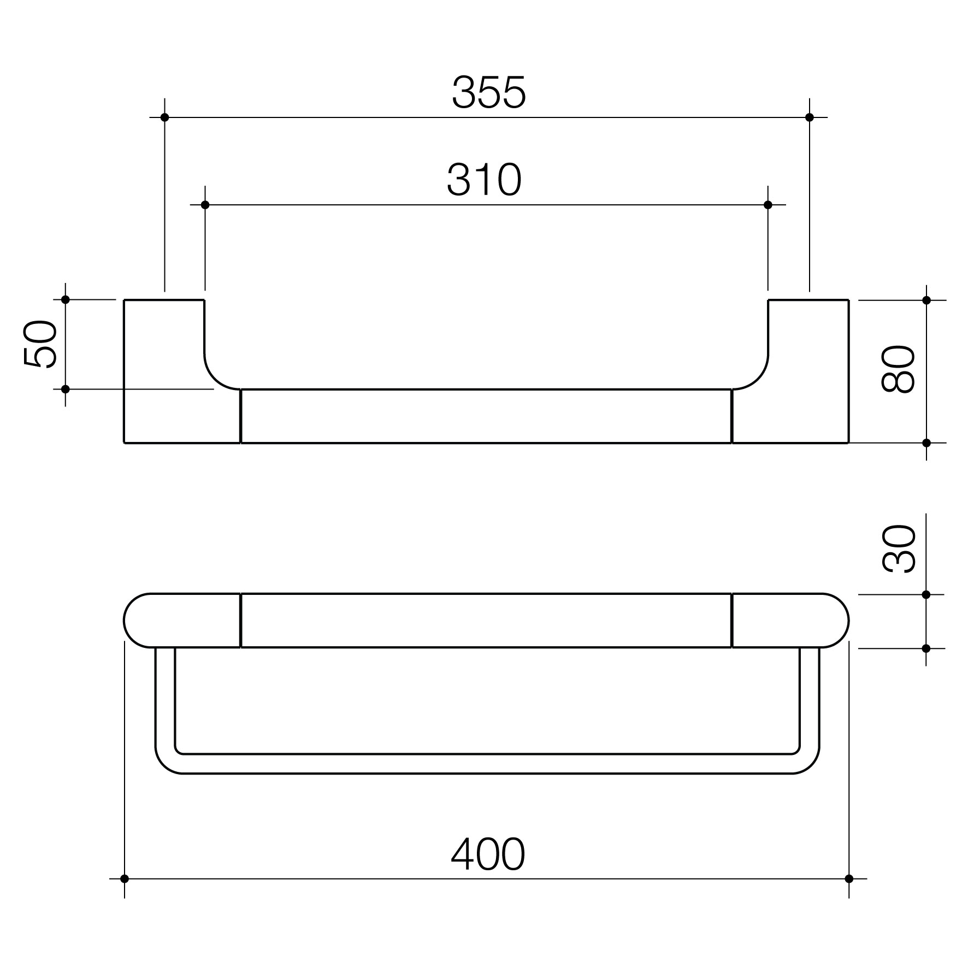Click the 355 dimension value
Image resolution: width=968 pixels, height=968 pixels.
coord(489,92)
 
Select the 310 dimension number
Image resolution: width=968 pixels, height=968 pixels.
coord(485,180)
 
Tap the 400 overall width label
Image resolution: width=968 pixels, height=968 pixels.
coord(488,854)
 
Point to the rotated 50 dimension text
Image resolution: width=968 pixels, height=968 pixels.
coord(40,345)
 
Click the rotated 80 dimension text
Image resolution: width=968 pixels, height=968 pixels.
coord(898,369)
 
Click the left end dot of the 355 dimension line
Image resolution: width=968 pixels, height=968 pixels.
coord(164,117)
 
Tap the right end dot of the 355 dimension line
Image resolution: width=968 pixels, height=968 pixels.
coord(810,117)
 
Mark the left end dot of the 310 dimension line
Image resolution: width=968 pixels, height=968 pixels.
coord(205,205)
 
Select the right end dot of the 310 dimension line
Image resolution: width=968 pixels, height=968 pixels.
coord(768,205)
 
